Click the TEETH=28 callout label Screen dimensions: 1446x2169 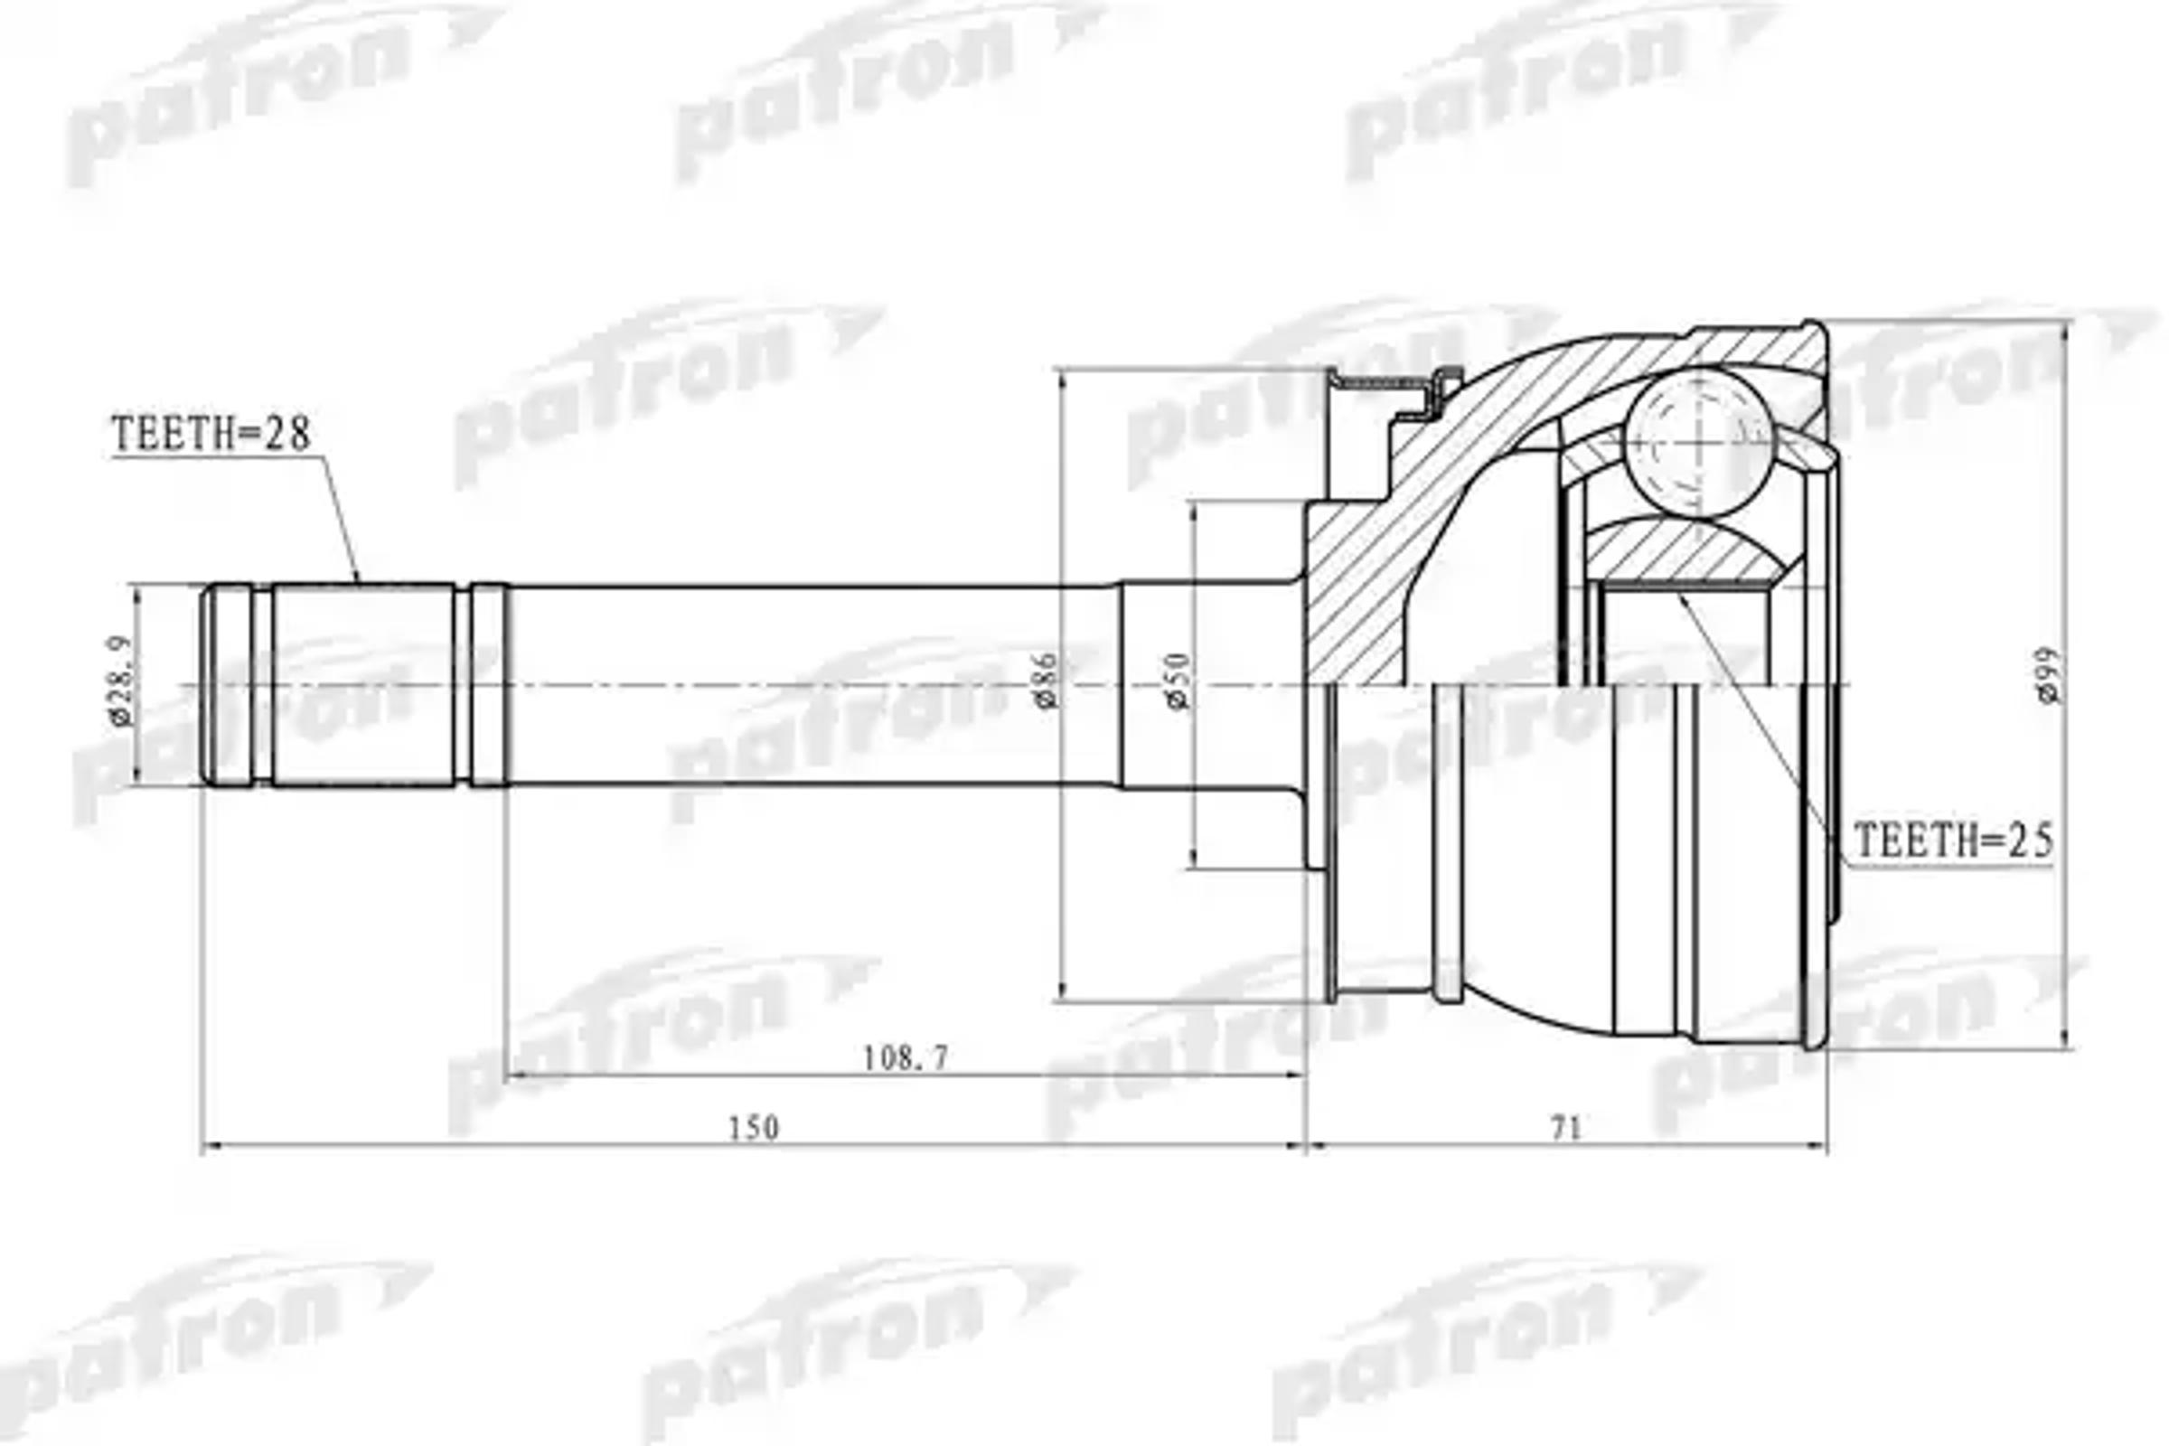pos(211,435)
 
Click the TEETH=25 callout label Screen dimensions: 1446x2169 pos(1952,840)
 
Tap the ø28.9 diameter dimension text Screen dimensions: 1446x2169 pos(121,681)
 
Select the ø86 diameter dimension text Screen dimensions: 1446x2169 pos(1046,681)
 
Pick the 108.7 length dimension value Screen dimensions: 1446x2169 pos(905,1057)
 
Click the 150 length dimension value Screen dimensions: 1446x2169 pos(754,1127)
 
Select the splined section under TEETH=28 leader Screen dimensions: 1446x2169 pos(363,684)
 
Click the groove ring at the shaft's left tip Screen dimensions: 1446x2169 pos(228,684)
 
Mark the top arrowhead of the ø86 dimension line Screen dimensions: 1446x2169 pos(1063,374)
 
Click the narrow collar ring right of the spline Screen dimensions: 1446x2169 pos(489,684)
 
